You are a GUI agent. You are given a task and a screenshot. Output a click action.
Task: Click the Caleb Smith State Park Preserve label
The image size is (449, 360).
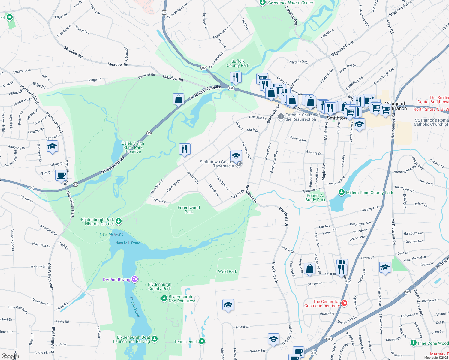[x=133, y=147]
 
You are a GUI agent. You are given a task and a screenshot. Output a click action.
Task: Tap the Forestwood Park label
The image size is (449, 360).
[x=188, y=210]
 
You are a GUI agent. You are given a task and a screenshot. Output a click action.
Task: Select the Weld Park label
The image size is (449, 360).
[x=228, y=271]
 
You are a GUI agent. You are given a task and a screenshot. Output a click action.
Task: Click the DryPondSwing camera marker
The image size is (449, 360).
[x=135, y=280]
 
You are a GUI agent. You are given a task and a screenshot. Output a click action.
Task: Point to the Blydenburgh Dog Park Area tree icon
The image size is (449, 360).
[x=164, y=298]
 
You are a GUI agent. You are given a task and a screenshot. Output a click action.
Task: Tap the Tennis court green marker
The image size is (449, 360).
[x=202, y=341]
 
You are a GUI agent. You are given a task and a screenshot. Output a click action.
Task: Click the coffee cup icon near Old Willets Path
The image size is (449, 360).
[x=61, y=175]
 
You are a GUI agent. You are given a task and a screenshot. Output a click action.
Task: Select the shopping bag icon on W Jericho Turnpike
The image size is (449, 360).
[x=178, y=99]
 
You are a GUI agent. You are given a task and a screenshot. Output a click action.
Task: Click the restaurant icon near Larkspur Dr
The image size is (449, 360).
[x=185, y=149]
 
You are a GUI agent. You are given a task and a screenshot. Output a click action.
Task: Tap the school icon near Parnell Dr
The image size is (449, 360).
[x=52, y=146]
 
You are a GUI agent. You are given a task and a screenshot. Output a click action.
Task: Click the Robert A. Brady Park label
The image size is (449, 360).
[x=315, y=198]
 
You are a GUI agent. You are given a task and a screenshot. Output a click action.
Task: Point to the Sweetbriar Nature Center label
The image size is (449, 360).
[x=290, y=3]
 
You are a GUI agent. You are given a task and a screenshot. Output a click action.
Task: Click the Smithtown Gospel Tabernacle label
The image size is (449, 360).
[x=217, y=164]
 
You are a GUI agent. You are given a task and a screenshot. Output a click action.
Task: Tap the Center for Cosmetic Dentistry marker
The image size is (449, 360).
[x=344, y=303]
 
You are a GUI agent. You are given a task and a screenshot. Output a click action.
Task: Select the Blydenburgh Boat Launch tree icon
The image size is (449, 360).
[x=155, y=339]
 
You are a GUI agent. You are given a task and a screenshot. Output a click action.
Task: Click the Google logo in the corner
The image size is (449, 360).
[x=10, y=356]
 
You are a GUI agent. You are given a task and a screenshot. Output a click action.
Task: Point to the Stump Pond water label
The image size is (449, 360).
[x=134, y=307]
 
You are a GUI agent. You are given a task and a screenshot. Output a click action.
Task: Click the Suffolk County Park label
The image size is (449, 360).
[x=238, y=63]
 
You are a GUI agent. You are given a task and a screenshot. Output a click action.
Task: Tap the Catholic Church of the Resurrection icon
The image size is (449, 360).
[x=281, y=117]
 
